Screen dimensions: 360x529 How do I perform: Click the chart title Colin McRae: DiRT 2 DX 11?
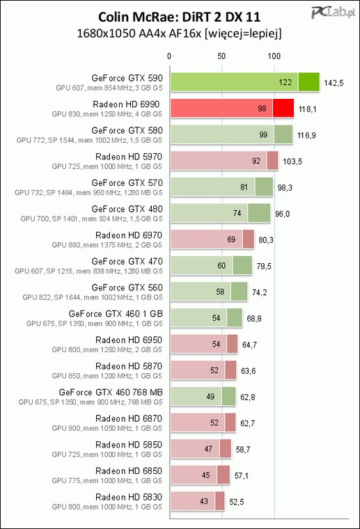tap(179, 17)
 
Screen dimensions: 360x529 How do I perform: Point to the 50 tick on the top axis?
tap(221, 56)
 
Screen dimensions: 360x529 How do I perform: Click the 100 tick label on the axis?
tap(274, 56)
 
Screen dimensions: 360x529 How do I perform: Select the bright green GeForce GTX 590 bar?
tap(245, 82)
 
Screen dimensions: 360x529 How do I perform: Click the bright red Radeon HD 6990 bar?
tap(232, 109)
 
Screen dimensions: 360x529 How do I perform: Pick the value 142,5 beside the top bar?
tap(334, 83)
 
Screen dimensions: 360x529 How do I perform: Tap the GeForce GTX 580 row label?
tap(127, 130)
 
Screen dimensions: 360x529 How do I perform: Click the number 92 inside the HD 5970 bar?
tap(256, 161)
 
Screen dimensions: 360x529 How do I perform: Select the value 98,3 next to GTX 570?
tap(285, 187)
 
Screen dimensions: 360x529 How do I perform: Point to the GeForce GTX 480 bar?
tap(220, 213)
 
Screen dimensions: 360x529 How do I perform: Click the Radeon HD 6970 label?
tap(129, 235)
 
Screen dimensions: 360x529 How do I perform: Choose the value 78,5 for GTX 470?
tap(264, 266)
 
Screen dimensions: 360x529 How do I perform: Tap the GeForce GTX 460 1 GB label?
tap(116, 314)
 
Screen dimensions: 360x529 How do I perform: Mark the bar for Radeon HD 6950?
tap(204, 344)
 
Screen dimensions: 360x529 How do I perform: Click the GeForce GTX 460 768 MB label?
tap(111, 393)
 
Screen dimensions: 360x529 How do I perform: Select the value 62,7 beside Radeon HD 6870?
tap(248, 423)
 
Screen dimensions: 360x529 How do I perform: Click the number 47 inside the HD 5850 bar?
tap(208, 449)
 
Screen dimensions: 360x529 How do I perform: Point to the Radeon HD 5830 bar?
tap(197, 501)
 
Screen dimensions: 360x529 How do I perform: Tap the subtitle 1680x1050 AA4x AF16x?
tap(139, 33)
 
